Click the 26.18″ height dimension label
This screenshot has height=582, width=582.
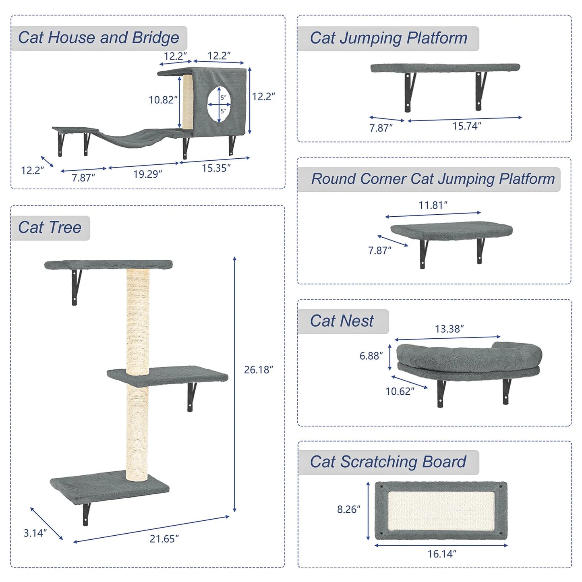pos(258,370)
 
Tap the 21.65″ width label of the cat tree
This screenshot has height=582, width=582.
pos(164,539)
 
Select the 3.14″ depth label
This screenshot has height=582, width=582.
pos(35,533)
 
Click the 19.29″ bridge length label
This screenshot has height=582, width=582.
pos(147,174)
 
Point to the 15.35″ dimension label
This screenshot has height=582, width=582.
pos(216,168)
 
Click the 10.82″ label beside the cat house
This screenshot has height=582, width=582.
pos(163,99)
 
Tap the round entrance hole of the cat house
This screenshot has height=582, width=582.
pos(219,104)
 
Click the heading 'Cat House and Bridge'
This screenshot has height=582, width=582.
pos(99,38)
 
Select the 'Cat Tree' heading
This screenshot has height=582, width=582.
pos(50,228)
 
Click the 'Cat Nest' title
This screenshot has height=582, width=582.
pos(342,321)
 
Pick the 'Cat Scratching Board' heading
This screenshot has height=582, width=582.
pos(388,462)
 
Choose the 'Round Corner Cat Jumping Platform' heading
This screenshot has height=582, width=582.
pos(433,179)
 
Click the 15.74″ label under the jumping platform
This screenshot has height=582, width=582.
pos(466,126)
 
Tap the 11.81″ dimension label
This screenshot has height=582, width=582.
pos(433,205)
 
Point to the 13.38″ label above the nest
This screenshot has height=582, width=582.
pos(449,329)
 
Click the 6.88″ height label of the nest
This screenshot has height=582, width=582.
pos(371,356)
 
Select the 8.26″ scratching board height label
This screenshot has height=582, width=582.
pos(349,510)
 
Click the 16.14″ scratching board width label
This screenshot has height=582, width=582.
pos(442,554)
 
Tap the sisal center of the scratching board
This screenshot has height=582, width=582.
pos(441,510)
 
